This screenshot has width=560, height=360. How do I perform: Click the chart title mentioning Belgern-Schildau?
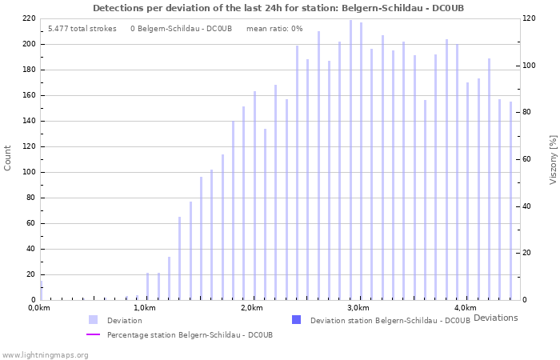click(278, 8)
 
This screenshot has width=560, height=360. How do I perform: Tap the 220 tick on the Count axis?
click(28, 18)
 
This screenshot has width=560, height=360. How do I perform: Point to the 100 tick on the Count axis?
click(28, 172)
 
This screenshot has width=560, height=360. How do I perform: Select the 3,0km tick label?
click(358, 308)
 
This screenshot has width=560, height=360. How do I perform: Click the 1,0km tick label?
click(144, 308)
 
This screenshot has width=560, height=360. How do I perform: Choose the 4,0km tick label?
click(465, 308)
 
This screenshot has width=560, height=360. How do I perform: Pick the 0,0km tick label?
click(39, 308)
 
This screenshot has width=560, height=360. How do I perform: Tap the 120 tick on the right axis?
click(528, 18)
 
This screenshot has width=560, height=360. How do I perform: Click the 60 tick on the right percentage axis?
click(526, 159)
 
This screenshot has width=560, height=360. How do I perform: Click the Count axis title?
click(8, 158)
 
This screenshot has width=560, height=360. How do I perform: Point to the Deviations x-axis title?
click(495, 318)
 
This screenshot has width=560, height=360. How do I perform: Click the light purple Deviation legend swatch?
click(94, 320)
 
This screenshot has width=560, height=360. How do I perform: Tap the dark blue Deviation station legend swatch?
click(297, 320)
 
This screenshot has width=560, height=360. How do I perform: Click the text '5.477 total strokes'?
click(82, 29)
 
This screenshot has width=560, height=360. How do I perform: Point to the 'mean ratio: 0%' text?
click(274, 29)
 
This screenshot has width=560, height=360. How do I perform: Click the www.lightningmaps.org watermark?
click(45, 354)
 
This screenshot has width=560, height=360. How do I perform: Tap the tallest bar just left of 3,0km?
click(350, 160)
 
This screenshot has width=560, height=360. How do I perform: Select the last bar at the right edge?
click(510, 200)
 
